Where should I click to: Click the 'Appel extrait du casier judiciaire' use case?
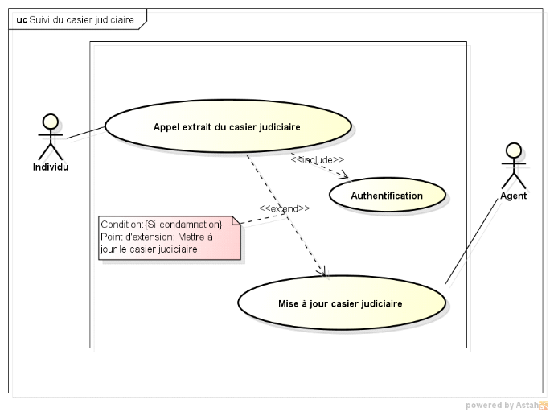click(228, 126)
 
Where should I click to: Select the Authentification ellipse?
click(387, 196)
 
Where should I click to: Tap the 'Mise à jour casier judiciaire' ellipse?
click(341, 303)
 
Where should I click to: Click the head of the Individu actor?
click(51, 122)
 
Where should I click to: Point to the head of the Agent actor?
click(513, 150)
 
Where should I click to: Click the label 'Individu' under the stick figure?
click(51, 167)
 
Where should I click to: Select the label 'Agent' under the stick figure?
click(513, 196)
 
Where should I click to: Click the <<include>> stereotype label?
click(318, 159)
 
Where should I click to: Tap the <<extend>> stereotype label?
click(284, 208)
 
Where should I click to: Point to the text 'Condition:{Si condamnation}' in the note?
click(162, 224)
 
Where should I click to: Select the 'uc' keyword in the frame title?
click(21, 19)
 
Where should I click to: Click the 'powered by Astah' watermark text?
click(502, 405)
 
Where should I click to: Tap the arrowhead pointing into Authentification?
click(347, 175)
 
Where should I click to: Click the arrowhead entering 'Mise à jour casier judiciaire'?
click(323, 273)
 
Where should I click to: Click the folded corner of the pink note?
click(237, 220)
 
